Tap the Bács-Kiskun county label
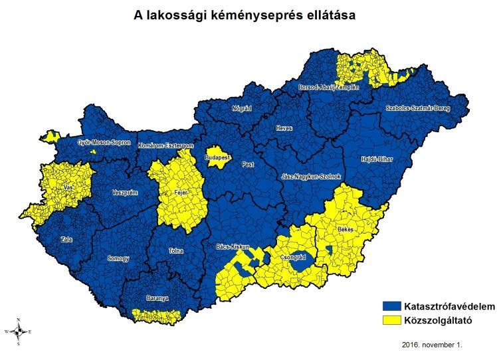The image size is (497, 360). pyautogui.click(x=233, y=246)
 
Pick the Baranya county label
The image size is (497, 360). pyautogui.click(x=157, y=298)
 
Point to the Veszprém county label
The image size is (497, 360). pyautogui.click(x=124, y=192)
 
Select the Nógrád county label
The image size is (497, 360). pyautogui.click(x=242, y=108)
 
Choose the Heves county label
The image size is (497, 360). pyautogui.click(x=284, y=129)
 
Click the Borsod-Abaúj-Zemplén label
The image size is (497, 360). pyautogui.click(x=330, y=87)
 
